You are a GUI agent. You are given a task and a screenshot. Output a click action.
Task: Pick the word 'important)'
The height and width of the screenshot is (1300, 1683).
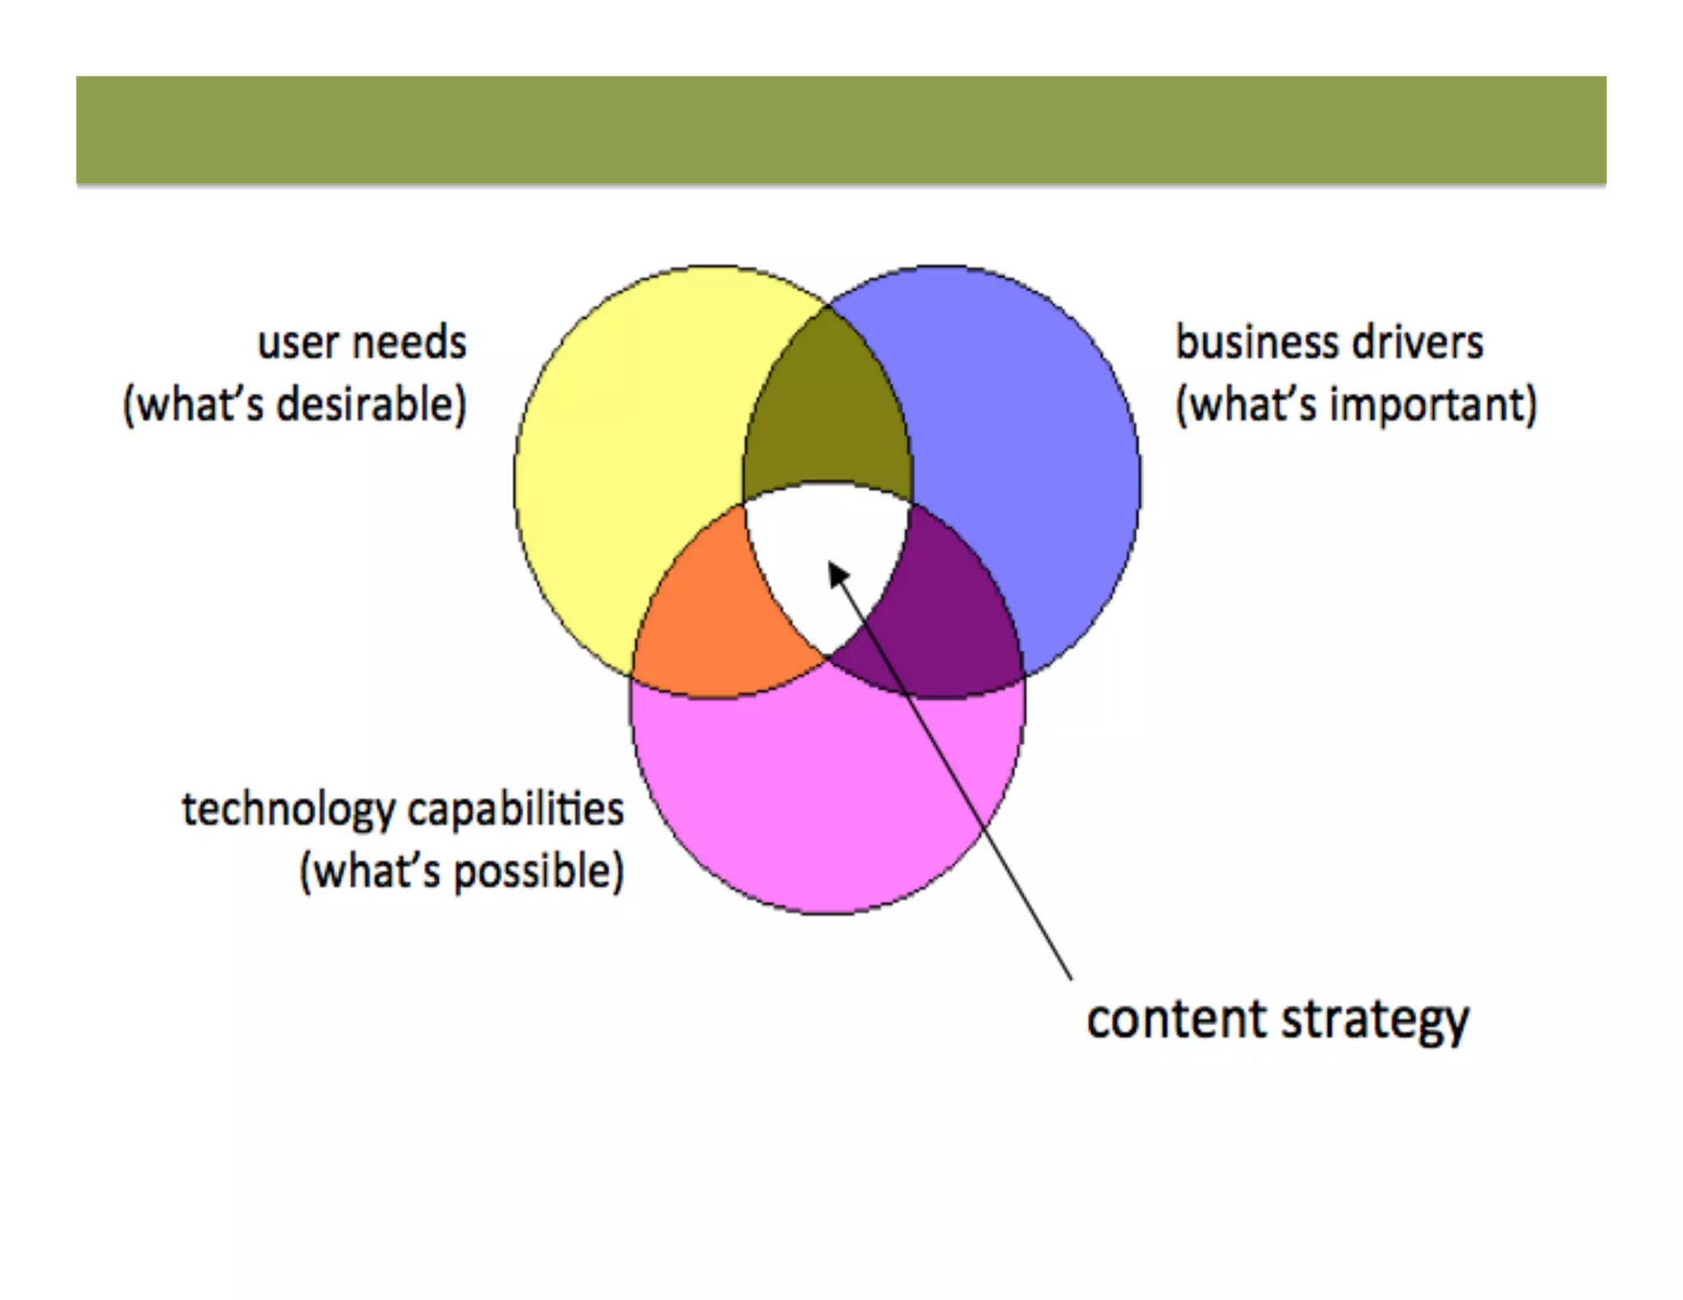1433,406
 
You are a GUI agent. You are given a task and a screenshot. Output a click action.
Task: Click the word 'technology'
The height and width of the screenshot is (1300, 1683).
288,810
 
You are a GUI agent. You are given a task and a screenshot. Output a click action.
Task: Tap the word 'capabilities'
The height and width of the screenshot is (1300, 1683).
515,810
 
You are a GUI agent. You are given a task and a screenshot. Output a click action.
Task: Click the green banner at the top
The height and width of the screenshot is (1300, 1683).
841,130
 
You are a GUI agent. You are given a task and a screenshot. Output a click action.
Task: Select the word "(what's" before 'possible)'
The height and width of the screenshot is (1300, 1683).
370,873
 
